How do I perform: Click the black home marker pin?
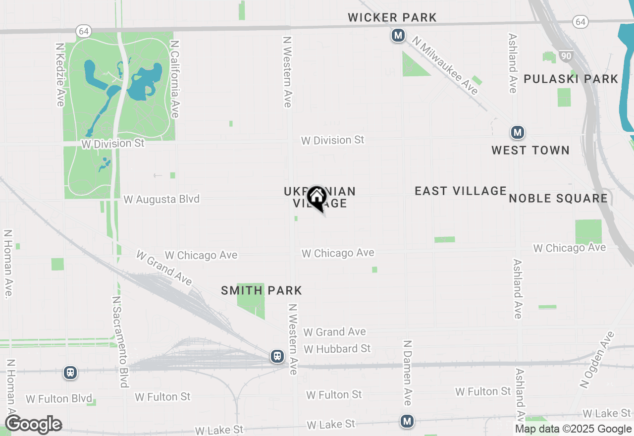(x=317, y=197)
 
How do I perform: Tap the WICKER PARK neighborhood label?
(x=392, y=18)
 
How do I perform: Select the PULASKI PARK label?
(x=571, y=79)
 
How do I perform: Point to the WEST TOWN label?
(x=530, y=151)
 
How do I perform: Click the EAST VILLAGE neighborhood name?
(x=461, y=191)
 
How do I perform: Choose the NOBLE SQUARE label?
(x=558, y=199)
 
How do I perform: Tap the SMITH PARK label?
(x=262, y=291)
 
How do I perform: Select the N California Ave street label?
(x=174, y=79)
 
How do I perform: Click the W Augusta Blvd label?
(x=161, y=199)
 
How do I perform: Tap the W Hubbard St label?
(x=337, y=349)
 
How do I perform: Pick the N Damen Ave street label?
(x=408, y=373)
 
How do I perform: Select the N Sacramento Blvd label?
(x=120, y=342)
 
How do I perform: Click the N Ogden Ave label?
(x=597, y=359)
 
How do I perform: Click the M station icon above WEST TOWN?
(x=518, y=133)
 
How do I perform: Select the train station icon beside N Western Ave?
(x=277, y=356)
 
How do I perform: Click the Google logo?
(x=33, y=424)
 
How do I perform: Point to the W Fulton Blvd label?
(x=59, y=399)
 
